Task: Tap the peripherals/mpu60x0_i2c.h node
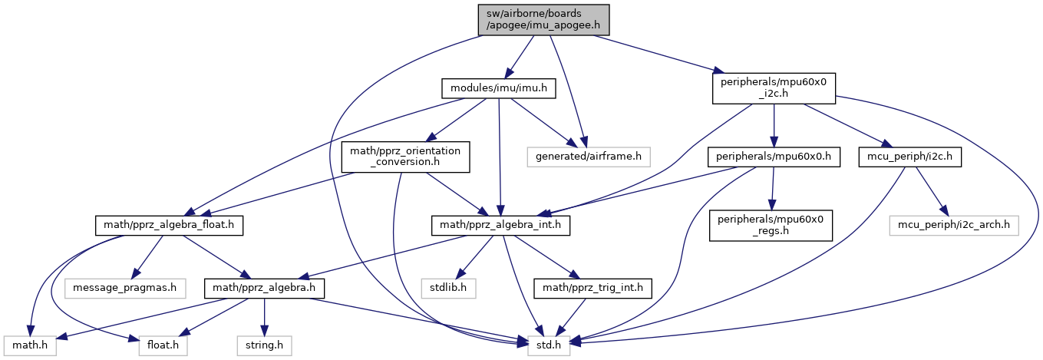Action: coord(774,89)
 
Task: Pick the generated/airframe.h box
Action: coord(589,157)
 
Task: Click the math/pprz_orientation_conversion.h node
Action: coord(405,157)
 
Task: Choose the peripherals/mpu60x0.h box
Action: coord(774,157)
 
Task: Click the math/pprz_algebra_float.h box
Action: coord(169,225)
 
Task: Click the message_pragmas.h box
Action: coord(125,289)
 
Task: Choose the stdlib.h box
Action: coord(449,289)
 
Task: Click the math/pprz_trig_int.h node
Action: coord(593,289)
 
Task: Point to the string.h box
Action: coord(265,345)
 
